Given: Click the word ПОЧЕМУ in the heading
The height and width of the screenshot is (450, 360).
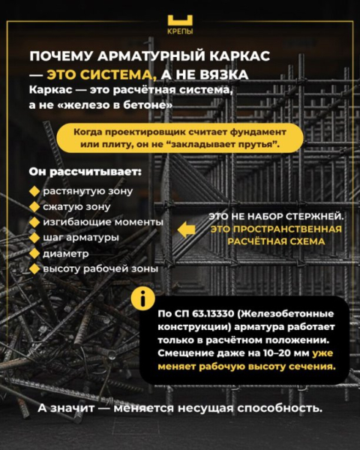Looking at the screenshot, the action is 63,58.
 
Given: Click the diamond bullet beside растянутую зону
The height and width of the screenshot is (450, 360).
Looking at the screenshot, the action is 34,191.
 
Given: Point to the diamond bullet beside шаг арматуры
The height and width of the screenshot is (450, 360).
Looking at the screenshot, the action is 34,238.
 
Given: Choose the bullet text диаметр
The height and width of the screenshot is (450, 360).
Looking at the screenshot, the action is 67,253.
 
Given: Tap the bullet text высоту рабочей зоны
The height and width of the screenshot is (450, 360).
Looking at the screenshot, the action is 100,268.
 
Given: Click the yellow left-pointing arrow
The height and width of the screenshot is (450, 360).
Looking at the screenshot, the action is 187,229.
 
